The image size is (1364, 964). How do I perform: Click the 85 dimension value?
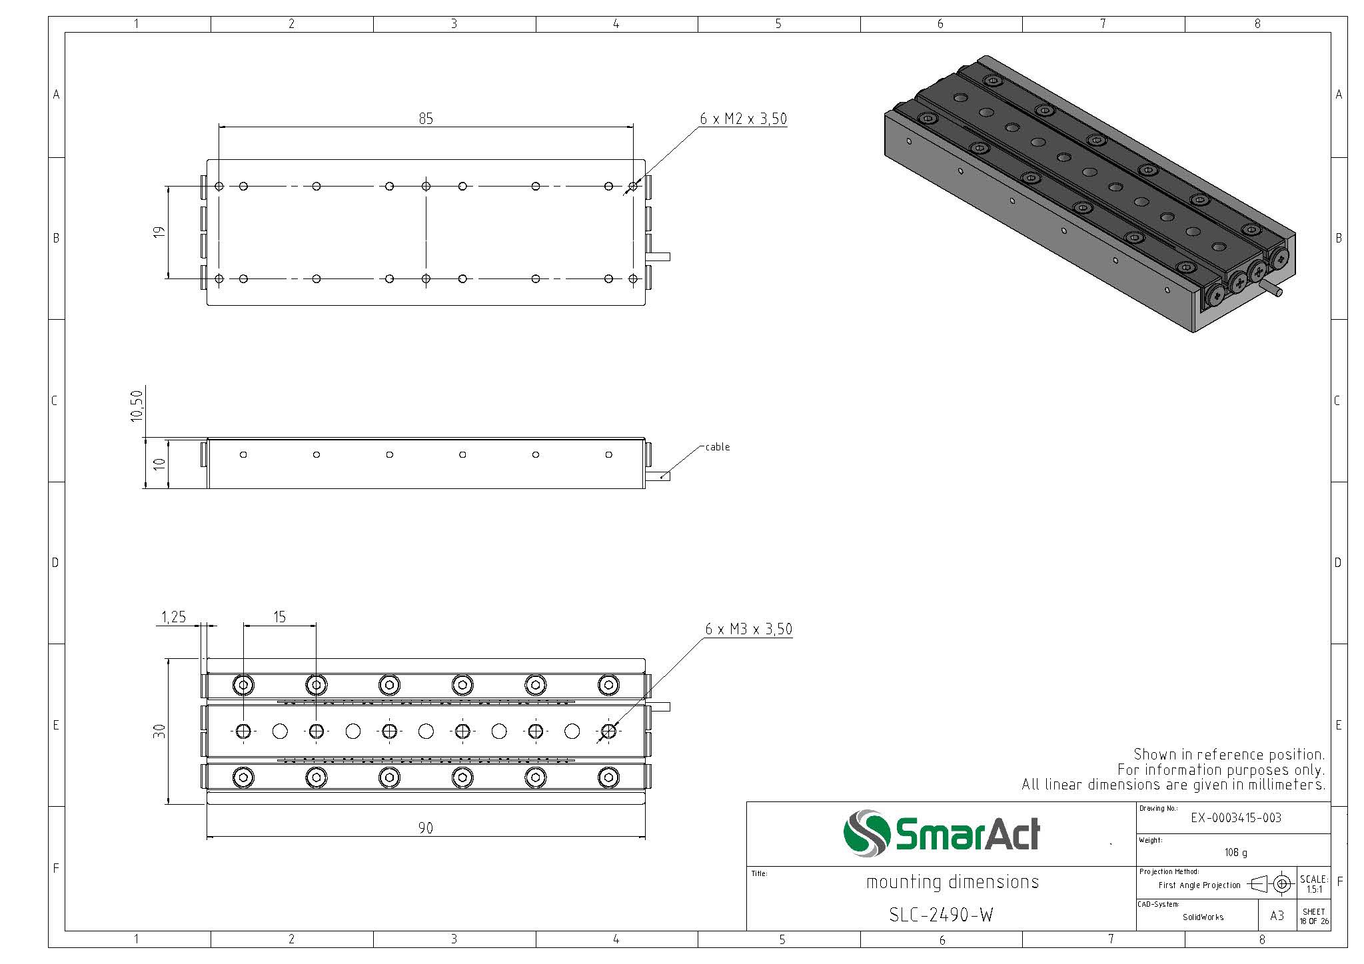[x=426, y=119]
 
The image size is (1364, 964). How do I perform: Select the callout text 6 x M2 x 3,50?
[x=743, y=119]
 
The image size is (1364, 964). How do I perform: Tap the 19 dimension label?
[x=159, y=233]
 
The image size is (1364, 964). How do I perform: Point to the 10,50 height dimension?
[x=137, y=405]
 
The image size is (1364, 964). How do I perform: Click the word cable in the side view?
[x=718, y=447]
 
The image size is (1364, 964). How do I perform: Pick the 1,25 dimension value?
[x=174, y=618]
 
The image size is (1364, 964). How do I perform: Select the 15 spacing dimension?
[x=279, y=617]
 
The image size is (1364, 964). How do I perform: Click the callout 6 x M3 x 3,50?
[x=748, y=629]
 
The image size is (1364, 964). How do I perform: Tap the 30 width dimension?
[x=159, y=731]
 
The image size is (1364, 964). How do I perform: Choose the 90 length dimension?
[x=426, y=828]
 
